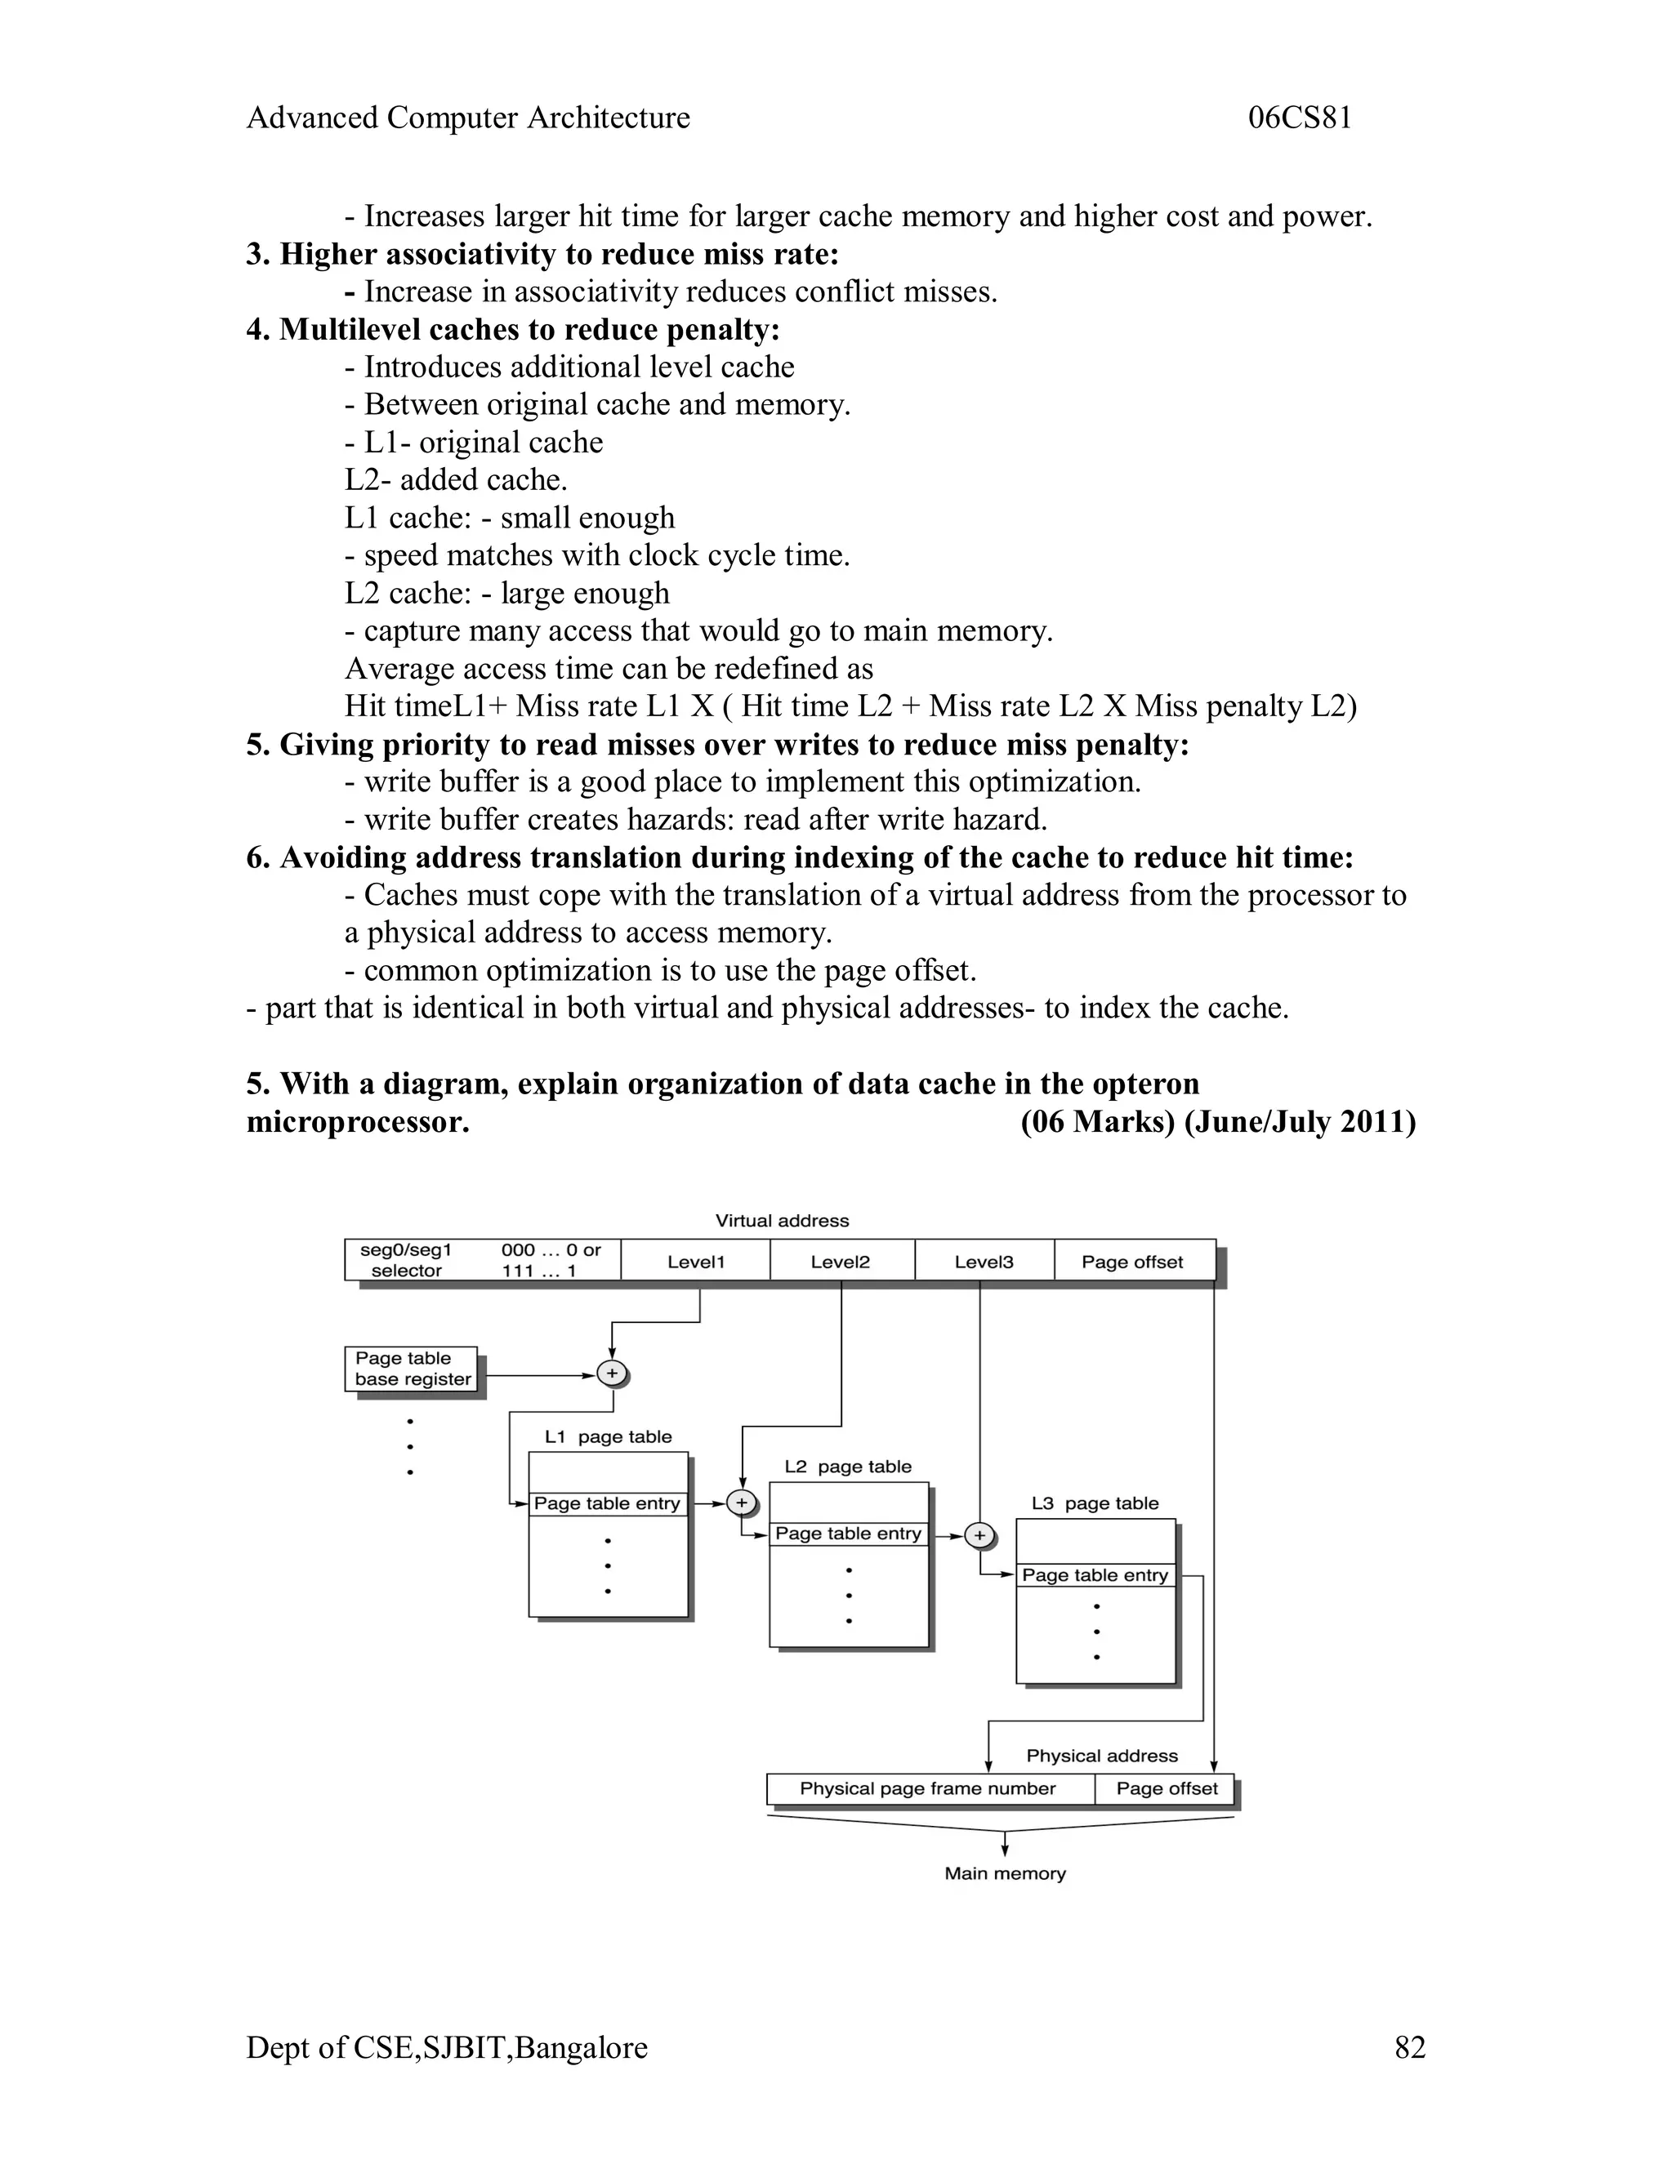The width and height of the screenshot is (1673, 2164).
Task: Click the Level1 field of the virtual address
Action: tap(696, 1262)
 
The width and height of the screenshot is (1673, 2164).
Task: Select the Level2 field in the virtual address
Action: tap(841, 1262)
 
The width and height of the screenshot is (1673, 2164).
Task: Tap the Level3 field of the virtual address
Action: tap(984, 1262)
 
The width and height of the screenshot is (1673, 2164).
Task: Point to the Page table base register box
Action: tap(413, 1369)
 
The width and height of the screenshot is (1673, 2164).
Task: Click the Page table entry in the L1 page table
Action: tap(607, 1503)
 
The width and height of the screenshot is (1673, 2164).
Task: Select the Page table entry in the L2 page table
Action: tap(849, 1533)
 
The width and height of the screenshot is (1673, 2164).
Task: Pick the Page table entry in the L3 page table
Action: tap(1095, 1574)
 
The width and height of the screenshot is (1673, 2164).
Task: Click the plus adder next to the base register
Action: tap(613, 1374)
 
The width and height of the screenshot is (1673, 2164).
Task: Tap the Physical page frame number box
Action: tap(929, 1788)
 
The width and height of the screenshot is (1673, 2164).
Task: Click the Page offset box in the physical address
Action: tap(1167, 1788)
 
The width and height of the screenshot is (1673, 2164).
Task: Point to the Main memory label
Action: tap(1005, 1872)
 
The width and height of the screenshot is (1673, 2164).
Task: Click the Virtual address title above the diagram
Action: tap(782, 1221)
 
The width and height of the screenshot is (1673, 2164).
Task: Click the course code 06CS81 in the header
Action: tap(1300, 118)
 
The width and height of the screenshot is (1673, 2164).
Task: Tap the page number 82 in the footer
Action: tap(1409, 2047)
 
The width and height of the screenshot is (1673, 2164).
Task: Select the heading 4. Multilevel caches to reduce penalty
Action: tap(512, 330)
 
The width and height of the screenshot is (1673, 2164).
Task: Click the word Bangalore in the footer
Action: tap(582, 2047)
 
